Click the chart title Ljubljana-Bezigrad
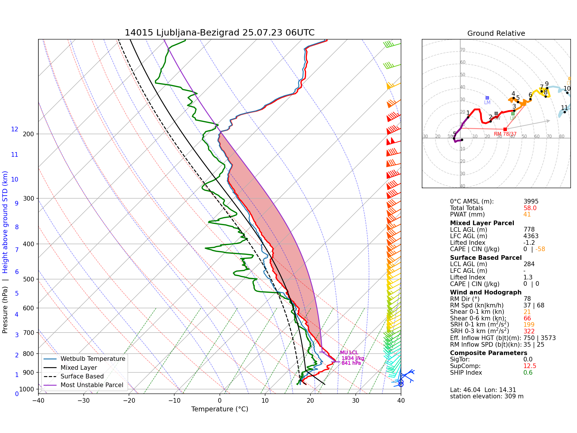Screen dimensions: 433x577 click(x=219, y=33)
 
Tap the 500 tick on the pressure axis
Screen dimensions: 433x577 click(x=28, y=279)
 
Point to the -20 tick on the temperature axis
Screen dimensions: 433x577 click(x=129, y=400)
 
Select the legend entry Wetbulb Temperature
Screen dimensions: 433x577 click(x=93, y=359)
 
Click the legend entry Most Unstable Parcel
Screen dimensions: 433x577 click(x=92, y=385)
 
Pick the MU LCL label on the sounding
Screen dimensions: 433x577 click(x=349, y=352)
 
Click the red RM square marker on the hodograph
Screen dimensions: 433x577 click(x=505, y=129)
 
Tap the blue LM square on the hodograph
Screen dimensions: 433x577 click(x=487, y=98)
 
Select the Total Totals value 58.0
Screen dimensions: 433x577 click(x=530, y=208)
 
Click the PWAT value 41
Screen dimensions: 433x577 click(x=527, y=214)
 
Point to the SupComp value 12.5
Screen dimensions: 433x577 click(x=530, y=366)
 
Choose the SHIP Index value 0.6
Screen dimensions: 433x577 click(x=528, y=373)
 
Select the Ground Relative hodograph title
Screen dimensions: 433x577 click(x=496, y=33)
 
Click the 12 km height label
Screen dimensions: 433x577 click(x=15, y=129)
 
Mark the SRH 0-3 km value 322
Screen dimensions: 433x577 click(x=529, y=331)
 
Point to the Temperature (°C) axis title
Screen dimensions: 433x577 click(x=220, y=409)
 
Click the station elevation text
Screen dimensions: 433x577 click(x=486, y=396)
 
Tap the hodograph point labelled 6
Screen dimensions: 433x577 click(x=530, y=99)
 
